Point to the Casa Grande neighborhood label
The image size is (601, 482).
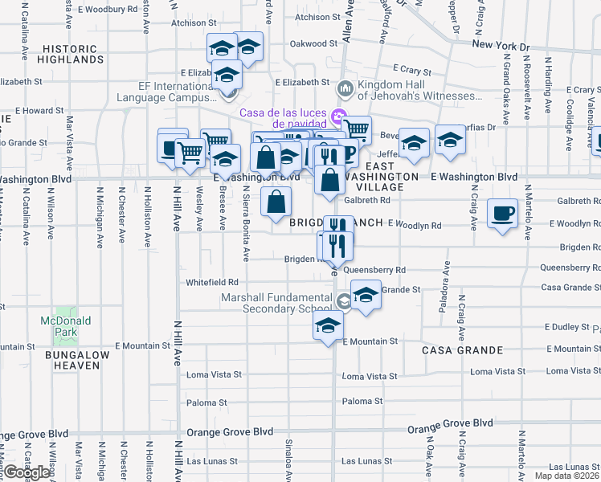coord(463,350)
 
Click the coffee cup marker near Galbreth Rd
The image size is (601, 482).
coord(503,214)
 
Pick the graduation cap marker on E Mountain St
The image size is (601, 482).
coord(328,326)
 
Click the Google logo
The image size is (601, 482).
coord(26,472)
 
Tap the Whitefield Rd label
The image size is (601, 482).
coord(212,282)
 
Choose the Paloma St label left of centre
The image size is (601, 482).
coord(206,402)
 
